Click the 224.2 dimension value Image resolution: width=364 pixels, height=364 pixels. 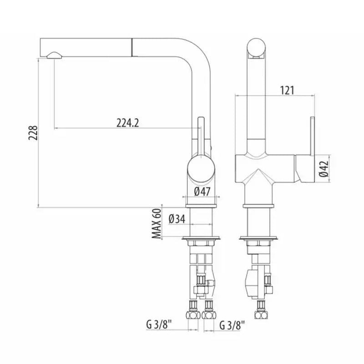coord(127,123)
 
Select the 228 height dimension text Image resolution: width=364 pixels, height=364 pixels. coord(33,133)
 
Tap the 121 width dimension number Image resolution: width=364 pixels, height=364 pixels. coord(287,90)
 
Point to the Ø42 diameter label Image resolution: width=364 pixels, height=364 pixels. coord(324,168)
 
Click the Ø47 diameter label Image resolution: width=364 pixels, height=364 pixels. coord(202,192)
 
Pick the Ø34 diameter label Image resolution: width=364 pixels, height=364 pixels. coord(177,219)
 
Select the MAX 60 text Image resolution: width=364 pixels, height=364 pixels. coord(157,223)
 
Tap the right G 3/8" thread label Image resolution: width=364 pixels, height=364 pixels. coord(233,325)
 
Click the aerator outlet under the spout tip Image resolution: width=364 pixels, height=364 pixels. coord(54,55)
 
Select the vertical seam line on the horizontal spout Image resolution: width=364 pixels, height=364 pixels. coord(132,47)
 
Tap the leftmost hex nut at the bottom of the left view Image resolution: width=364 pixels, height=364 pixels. coord(193,315)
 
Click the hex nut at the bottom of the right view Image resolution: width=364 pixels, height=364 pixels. coord(261,315)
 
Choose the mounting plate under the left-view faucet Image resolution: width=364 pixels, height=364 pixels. coord(201,238)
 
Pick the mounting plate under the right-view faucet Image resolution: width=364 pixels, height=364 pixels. coord(258,238)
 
